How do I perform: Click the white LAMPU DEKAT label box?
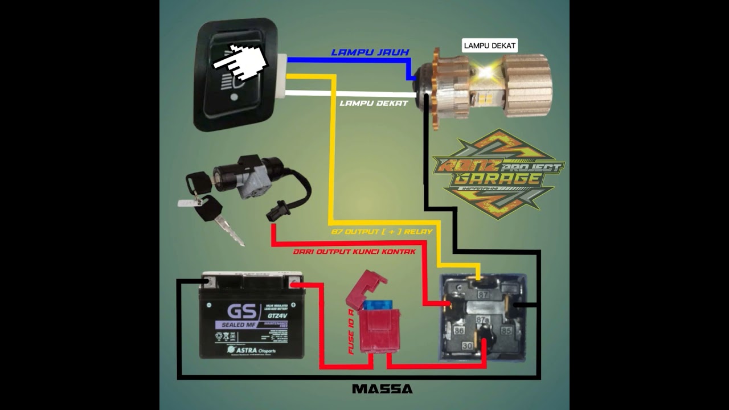[x=490, y=46]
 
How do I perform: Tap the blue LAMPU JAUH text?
[x=370, y=52]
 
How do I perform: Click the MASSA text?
[x=382, y=389]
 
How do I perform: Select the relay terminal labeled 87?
[x=482, y=294]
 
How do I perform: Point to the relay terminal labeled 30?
[x=466, y=346]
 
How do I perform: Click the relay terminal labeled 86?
[x=458, y=330]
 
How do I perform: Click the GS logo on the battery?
[x=242, y=311]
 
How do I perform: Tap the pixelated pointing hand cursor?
[x=239, y=62]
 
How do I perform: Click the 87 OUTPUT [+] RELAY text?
[x=382, y=232]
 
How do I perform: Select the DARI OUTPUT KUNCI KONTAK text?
[x=354, y=251]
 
